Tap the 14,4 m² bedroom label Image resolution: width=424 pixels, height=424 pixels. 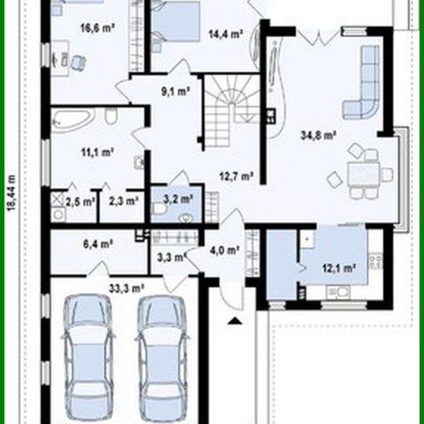(x=225, y=33)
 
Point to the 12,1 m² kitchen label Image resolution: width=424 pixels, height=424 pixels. (x=338, y=268)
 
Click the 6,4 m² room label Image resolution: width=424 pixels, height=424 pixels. (x=98, y=245)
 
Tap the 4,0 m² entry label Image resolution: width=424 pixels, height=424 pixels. (x=226, y=249)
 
